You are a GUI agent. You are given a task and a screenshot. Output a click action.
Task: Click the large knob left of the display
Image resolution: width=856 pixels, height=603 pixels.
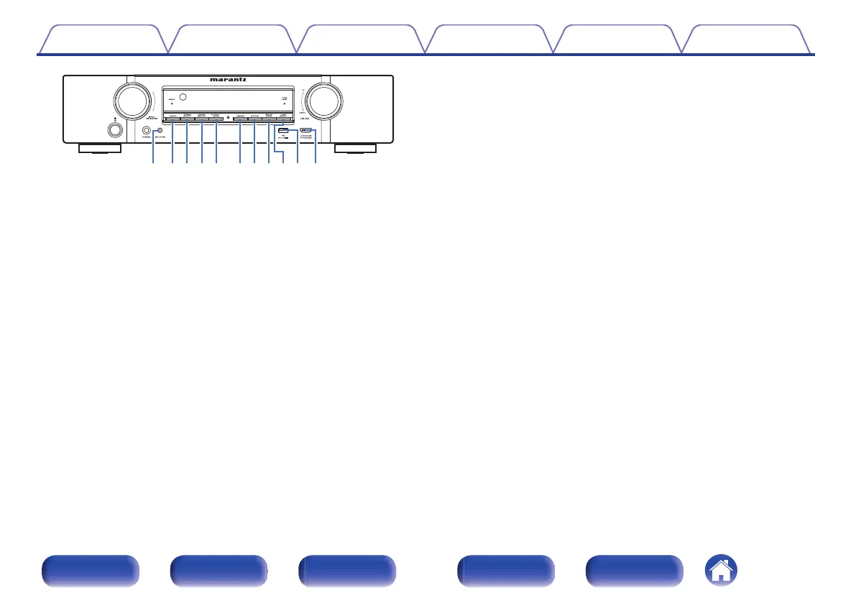(129, 101)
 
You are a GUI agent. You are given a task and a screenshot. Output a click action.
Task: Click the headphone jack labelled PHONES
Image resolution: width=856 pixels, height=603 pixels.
(147, 131)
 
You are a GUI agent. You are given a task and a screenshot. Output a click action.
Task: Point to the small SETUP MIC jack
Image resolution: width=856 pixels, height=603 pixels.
(159, 131)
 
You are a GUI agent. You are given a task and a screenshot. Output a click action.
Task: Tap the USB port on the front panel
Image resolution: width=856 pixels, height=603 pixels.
(285, 131)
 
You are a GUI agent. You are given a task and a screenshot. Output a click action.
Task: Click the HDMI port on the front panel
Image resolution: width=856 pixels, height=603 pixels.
(305, 131)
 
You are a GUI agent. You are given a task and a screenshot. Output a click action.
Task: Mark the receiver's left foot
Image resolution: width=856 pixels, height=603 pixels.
(100, 149)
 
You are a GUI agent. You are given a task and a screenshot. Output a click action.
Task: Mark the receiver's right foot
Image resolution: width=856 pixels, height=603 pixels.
(355, 149)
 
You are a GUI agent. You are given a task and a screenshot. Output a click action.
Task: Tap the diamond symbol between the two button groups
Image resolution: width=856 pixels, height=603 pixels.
(227, 116)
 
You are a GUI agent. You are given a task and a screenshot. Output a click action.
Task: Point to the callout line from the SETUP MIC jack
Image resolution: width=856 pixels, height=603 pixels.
(155, 147)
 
